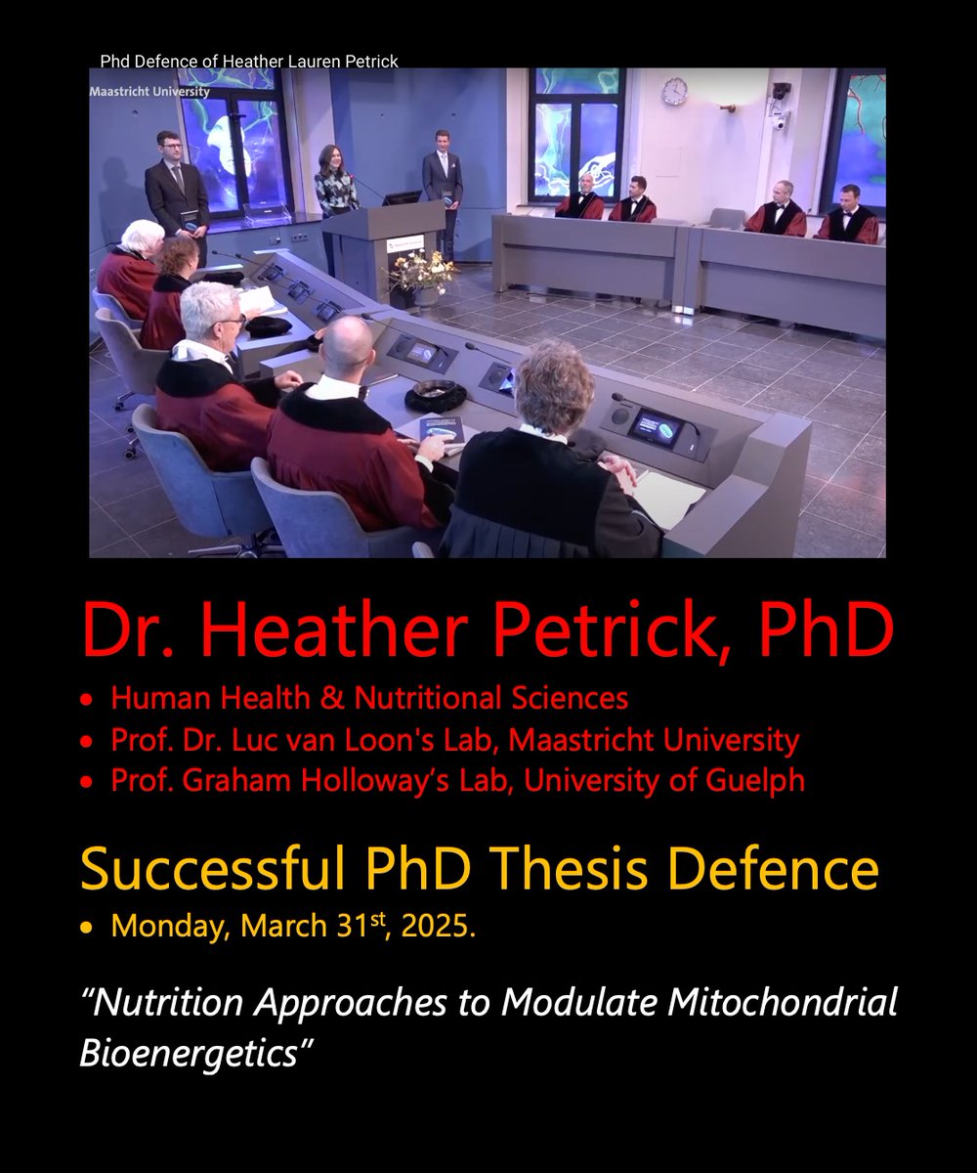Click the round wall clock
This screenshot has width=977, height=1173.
pyautogui.click(x=673, y=91)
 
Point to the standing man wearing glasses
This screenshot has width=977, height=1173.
pyautogui.click(x=177, y=185)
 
